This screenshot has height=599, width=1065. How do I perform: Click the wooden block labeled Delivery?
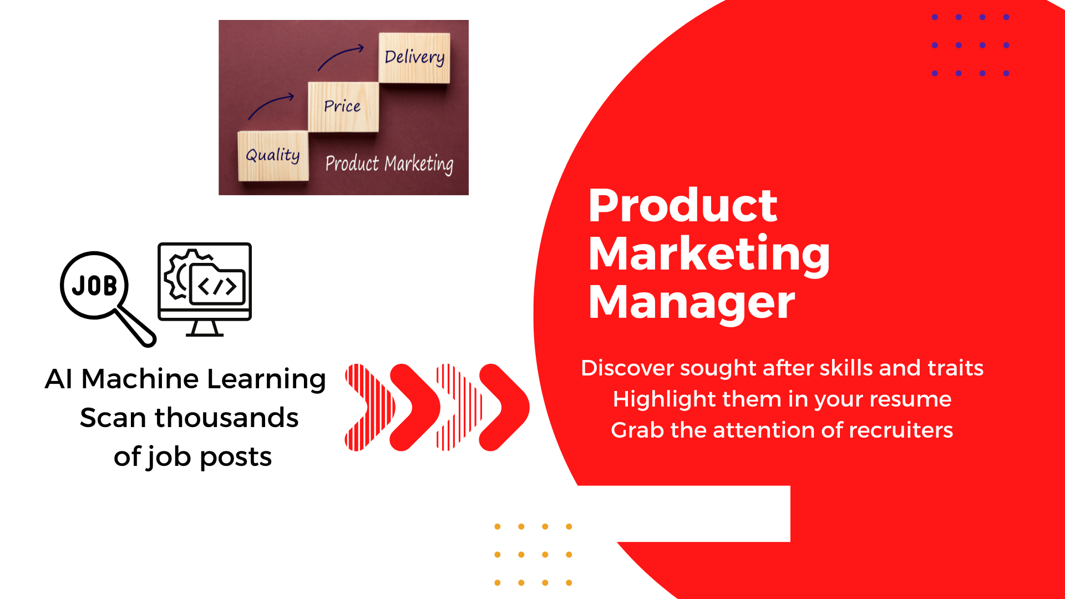414,58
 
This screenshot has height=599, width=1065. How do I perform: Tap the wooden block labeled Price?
343,107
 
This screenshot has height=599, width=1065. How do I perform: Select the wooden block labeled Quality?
273,156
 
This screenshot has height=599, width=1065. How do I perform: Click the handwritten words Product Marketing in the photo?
389,164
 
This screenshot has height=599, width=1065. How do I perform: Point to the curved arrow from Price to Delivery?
338,54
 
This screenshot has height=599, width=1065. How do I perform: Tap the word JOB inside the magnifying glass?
94,286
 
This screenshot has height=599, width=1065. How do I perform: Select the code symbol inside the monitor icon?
217,287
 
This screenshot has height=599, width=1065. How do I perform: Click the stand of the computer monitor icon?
204,328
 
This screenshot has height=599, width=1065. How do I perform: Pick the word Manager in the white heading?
692,303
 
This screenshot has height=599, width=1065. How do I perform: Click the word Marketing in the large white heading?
709,254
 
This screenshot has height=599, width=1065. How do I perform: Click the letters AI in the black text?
59,379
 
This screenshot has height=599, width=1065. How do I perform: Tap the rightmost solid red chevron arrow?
504,408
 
